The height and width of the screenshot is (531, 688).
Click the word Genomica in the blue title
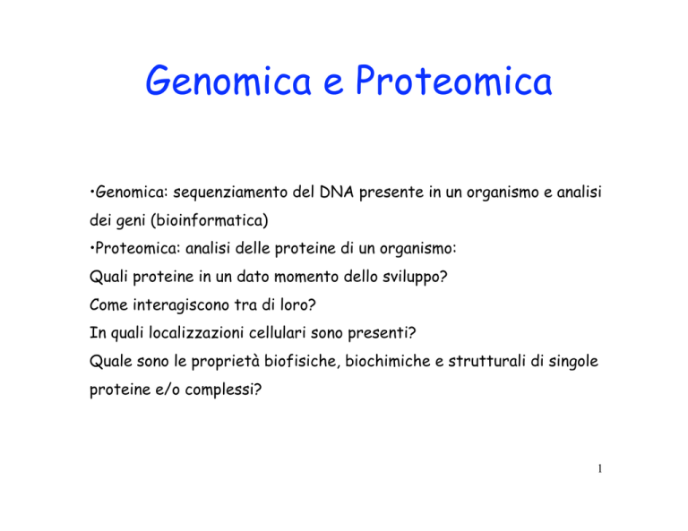[228, 81]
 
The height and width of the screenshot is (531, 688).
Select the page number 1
[600, 468]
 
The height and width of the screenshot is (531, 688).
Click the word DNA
[337, 192]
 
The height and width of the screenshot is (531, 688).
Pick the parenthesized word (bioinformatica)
[210, 220]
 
